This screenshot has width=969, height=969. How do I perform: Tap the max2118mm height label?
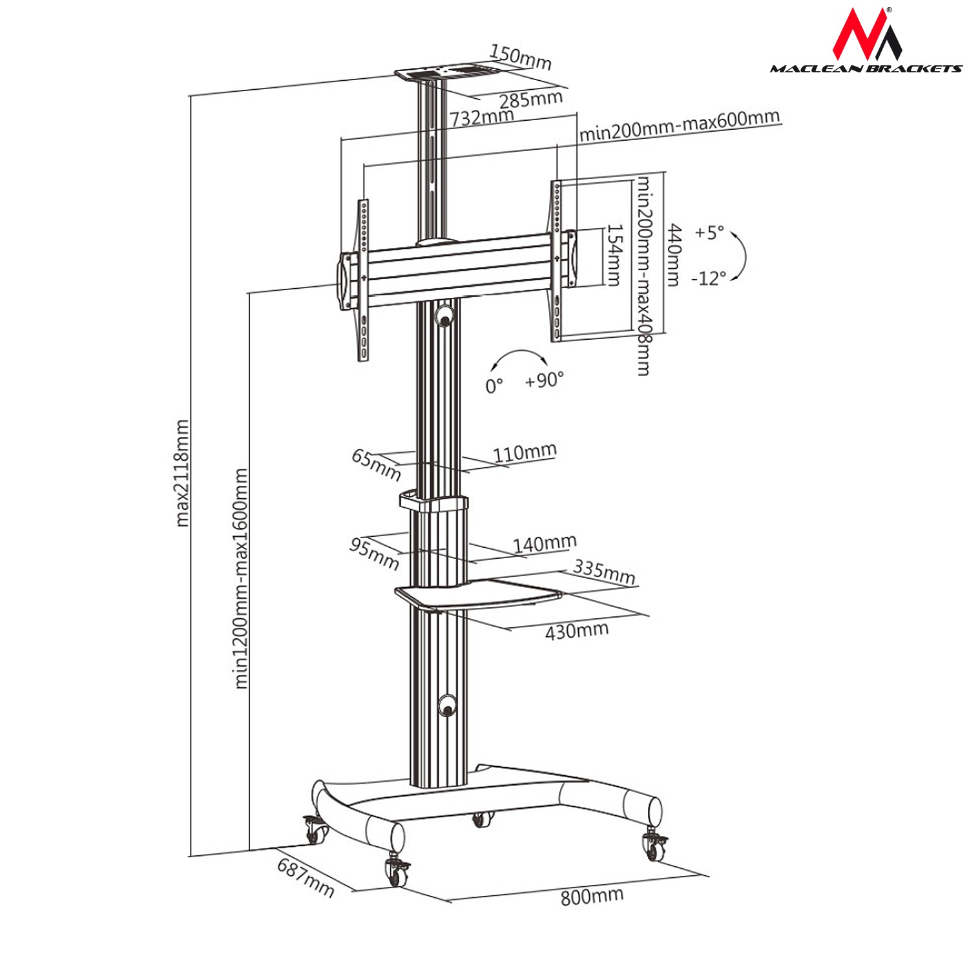(183, 473)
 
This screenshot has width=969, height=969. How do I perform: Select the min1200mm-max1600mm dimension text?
(241, 578)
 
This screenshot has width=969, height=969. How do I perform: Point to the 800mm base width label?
(592, 896)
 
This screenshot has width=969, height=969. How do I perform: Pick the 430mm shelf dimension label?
(577, 630)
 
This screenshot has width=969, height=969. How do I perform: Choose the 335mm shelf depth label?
(605, 572)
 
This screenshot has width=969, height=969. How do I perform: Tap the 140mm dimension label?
(545, 544)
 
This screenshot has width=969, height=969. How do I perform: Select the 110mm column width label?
(525, 453)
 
